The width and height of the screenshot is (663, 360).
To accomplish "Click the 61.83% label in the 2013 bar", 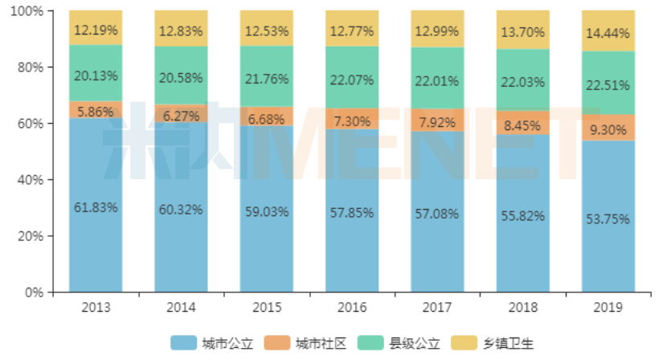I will coord(96,207).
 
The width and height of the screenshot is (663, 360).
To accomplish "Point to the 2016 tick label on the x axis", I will coord(352,307).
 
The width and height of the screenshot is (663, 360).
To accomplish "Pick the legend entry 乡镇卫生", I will coord(506,343).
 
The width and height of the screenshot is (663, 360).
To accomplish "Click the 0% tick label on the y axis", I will coord(34,292).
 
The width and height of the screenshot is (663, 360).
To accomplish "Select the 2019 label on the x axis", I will coord(608,307).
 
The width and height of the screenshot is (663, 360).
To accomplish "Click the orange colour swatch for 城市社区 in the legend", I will coord(277,343).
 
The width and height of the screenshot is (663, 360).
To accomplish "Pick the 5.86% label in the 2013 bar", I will coord(96,112).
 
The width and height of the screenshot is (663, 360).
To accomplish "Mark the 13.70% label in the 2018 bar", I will coord(522,32).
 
